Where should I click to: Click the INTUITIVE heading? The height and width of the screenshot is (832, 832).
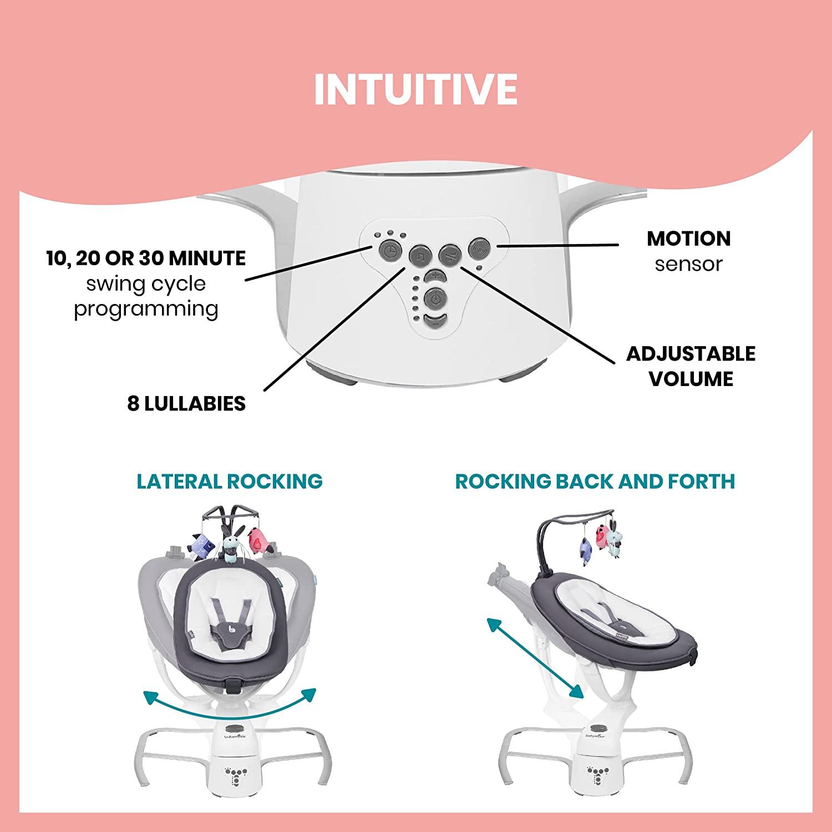coord(415,88)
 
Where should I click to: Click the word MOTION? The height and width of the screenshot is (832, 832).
coord(688,239)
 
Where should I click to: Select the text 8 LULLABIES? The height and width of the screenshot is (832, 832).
coord(186,404)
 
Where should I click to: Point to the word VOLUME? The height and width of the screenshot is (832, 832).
coord(691,379)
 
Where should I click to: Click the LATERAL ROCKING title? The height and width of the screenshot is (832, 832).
coord(230,481)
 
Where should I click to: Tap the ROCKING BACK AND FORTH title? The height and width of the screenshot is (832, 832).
coord(595,481)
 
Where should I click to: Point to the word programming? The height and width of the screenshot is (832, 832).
coord(146,309)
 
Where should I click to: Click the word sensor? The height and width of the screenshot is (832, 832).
coord(688,264)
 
